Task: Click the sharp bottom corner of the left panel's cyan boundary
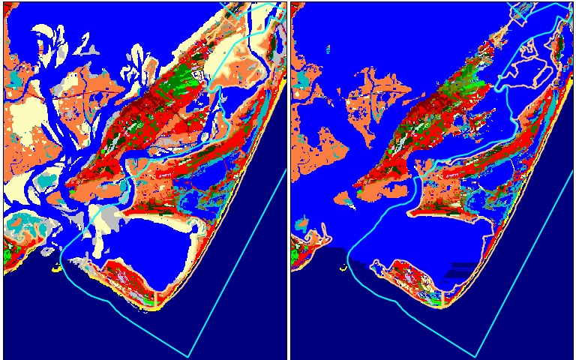(187, 356)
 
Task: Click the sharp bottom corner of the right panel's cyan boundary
(475, 356)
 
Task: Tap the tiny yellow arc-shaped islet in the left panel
(57, 266)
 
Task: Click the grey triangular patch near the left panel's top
(91, 49)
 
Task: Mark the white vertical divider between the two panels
(289, 180)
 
